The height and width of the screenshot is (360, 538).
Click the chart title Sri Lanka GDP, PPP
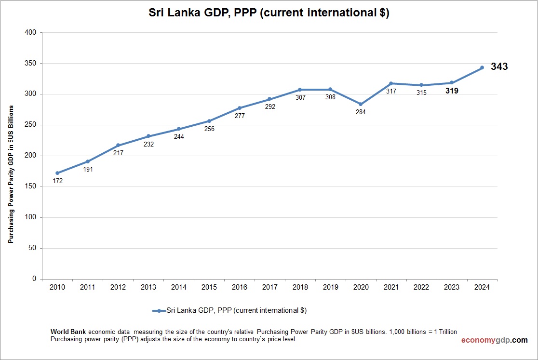click(269, 13)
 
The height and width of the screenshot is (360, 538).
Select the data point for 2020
click(361, 104)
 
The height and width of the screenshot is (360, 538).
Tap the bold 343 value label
click(499, 67)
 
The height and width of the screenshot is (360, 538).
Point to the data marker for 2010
click(57, 173)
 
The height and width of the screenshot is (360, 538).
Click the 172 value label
click(57, 181)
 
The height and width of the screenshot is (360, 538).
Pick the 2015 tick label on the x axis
click(209, 287)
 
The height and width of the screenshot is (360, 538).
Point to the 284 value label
click(361, 112)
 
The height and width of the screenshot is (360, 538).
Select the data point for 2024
click(482, 67)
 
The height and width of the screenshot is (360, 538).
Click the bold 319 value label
click(451, 91)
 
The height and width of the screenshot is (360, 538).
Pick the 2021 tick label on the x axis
click(391, 287)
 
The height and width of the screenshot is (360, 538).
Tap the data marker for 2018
click(300, 90)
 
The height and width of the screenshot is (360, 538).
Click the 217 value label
click(118, 153)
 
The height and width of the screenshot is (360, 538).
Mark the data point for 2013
click(148, 136)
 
